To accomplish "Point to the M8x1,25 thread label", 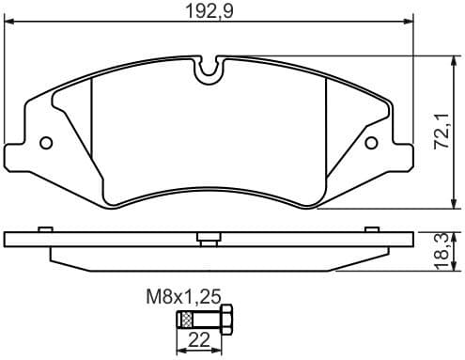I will click(182, 296).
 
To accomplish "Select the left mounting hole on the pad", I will click(46, 143).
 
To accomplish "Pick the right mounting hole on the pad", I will click(370, 143).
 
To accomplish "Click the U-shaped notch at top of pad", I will click(208, 69).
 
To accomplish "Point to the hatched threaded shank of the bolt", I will click(187, 320).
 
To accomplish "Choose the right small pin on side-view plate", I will click(371, 228).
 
